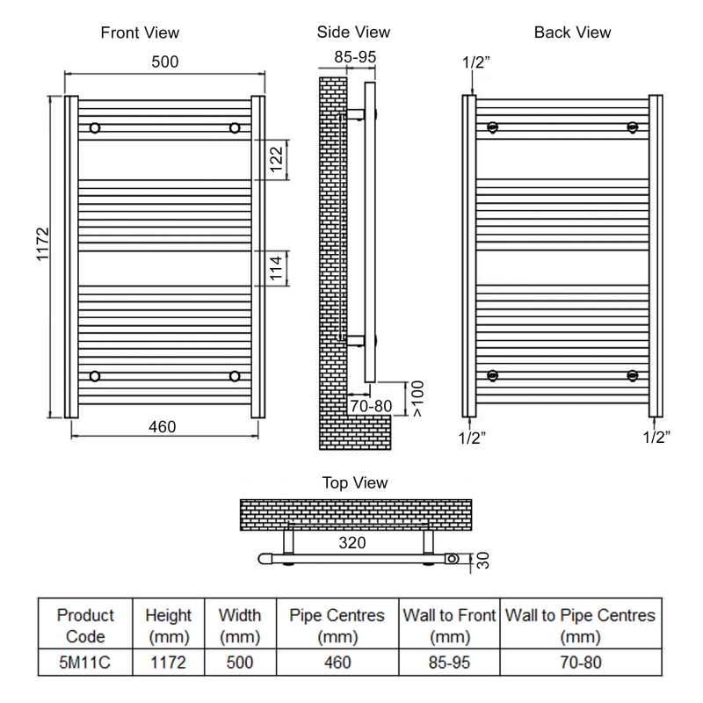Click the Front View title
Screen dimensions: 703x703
[140, 33]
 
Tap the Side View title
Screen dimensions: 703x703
[353, 33]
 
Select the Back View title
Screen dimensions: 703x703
[572, 33]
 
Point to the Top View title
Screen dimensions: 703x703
[356, 483]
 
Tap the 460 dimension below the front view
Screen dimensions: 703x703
[163, 427]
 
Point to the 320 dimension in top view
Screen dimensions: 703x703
[352, 543]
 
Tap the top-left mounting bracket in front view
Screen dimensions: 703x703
[95, 128]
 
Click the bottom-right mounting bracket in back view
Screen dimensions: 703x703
[632, 376]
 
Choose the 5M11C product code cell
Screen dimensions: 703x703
[85, 661]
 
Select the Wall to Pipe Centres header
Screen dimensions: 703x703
[581, 626]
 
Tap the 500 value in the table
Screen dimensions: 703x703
[233, 661]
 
